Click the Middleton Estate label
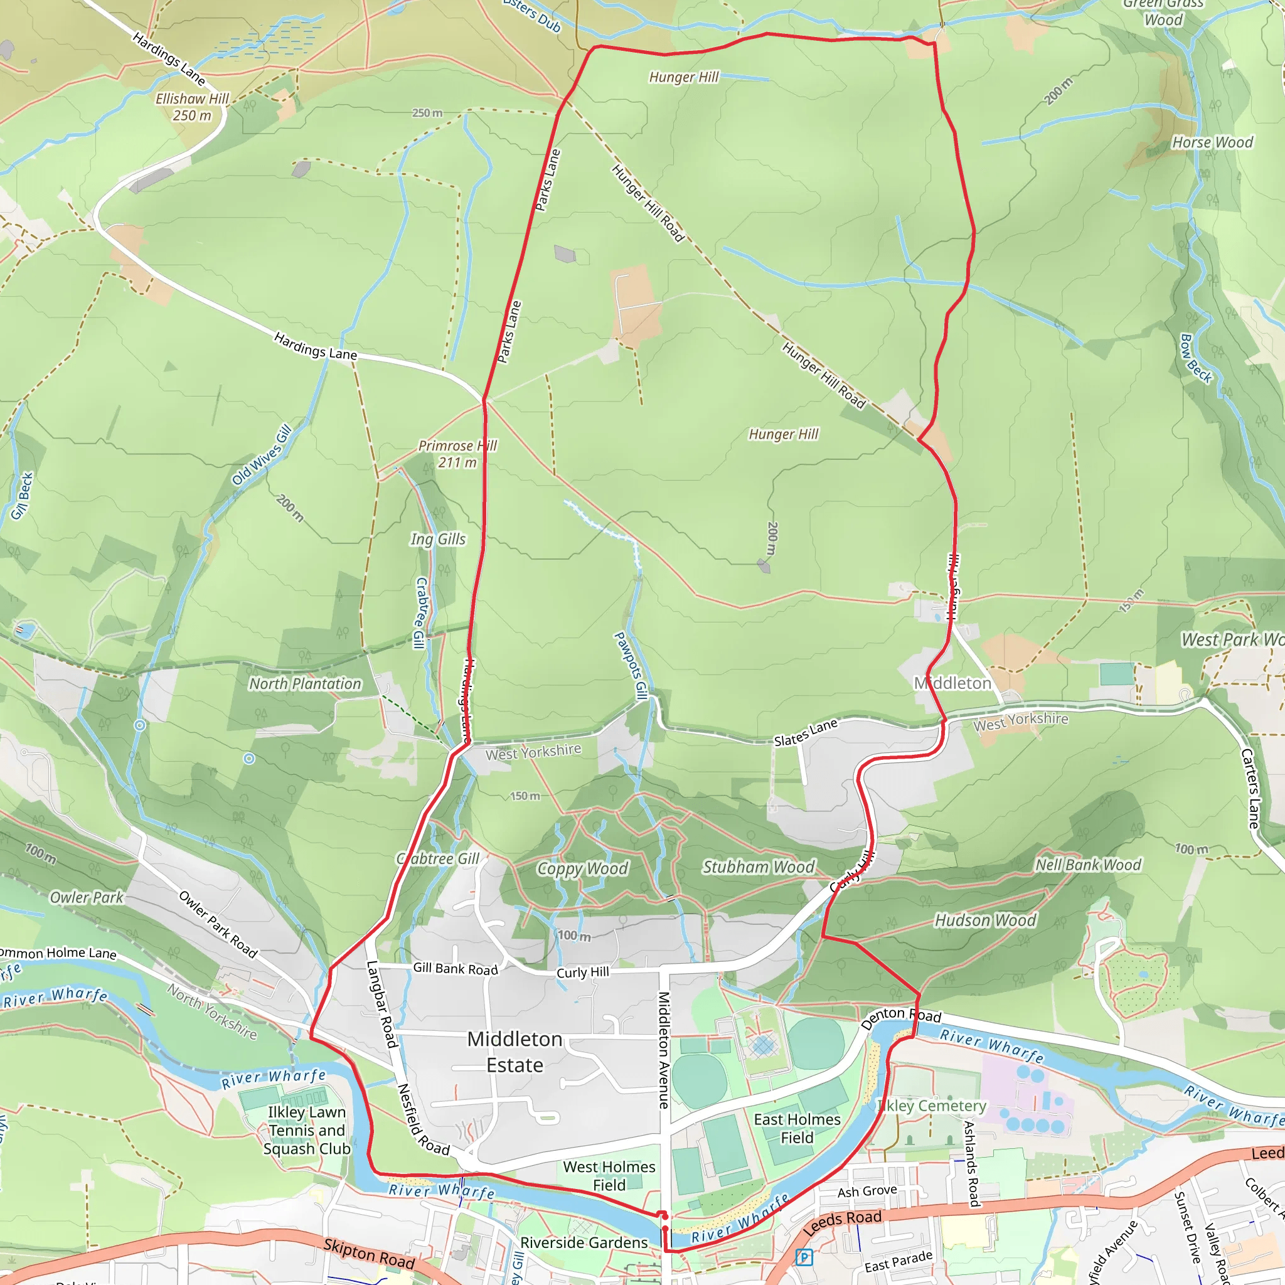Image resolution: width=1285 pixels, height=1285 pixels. click(x=515, y=1052)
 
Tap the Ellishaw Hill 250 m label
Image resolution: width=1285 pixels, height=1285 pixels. click(x=192, y=107)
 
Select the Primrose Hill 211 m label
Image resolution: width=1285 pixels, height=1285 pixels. click(x=457, y=454)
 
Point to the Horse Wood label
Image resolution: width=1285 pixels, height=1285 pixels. click(x=1212, y=142)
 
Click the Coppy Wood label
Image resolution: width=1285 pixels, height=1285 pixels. click(x=582, y=868)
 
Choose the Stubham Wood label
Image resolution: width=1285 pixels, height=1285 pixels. click(x=758, y=866)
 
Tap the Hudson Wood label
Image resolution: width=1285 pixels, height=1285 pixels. click(x=985, y=920)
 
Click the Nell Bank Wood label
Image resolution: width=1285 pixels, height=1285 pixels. click(x=1088, y=865)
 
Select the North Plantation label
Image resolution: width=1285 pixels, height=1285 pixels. click(x=304, y=684)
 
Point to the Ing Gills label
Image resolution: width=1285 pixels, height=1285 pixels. click(x=438, y=540)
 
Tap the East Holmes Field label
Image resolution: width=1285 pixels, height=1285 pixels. click(x=797, y=1129)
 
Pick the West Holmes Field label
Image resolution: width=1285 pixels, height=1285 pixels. click(x=609, y=1176)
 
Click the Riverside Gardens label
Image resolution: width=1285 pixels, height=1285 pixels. click(x=584, y=1242)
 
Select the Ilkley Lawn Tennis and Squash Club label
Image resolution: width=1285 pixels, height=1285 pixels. click(x=307, y=1130)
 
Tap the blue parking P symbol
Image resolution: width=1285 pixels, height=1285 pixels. click(x=804, y=1257)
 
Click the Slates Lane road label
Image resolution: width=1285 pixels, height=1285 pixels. click(x=806, y=732)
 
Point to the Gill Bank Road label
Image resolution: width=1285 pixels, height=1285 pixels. click(x=455, y=969)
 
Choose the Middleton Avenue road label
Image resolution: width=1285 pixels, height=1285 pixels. click(x=663, y=1050)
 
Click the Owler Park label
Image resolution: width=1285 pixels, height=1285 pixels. click(x=87, y=897)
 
